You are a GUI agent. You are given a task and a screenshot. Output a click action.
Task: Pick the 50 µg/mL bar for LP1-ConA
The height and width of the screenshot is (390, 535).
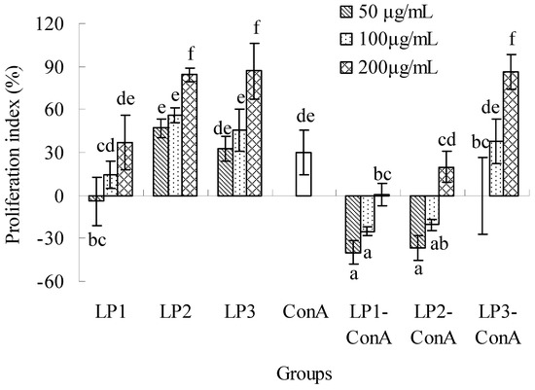click(x=353, y=224)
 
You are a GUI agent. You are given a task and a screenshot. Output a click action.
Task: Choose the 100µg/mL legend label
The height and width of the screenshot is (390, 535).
click(x=406, y=43)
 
